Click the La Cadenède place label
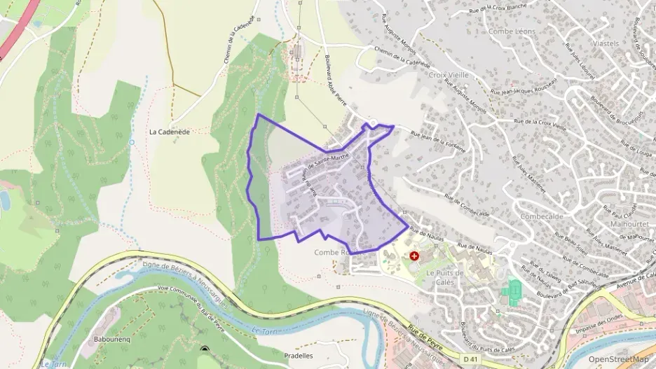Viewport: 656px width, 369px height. pyautogui.click(x=166, y=131)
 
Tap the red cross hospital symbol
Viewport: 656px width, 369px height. pyautogui.click(x=414, y=257)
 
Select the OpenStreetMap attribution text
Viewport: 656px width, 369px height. pyautogui.click(x=618, y=359)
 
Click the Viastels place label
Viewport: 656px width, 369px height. pyautogui.click(x=606, y=43)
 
